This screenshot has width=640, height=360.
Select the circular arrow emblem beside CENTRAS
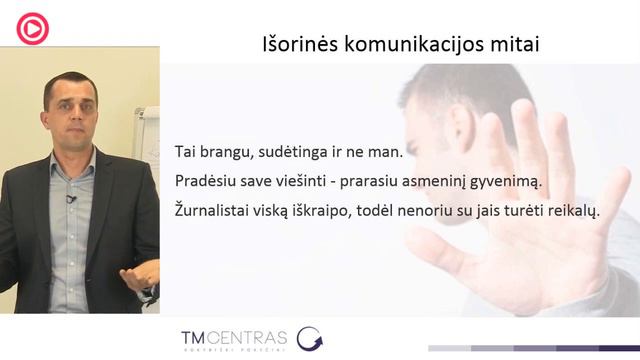click(x=310, y=338)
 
